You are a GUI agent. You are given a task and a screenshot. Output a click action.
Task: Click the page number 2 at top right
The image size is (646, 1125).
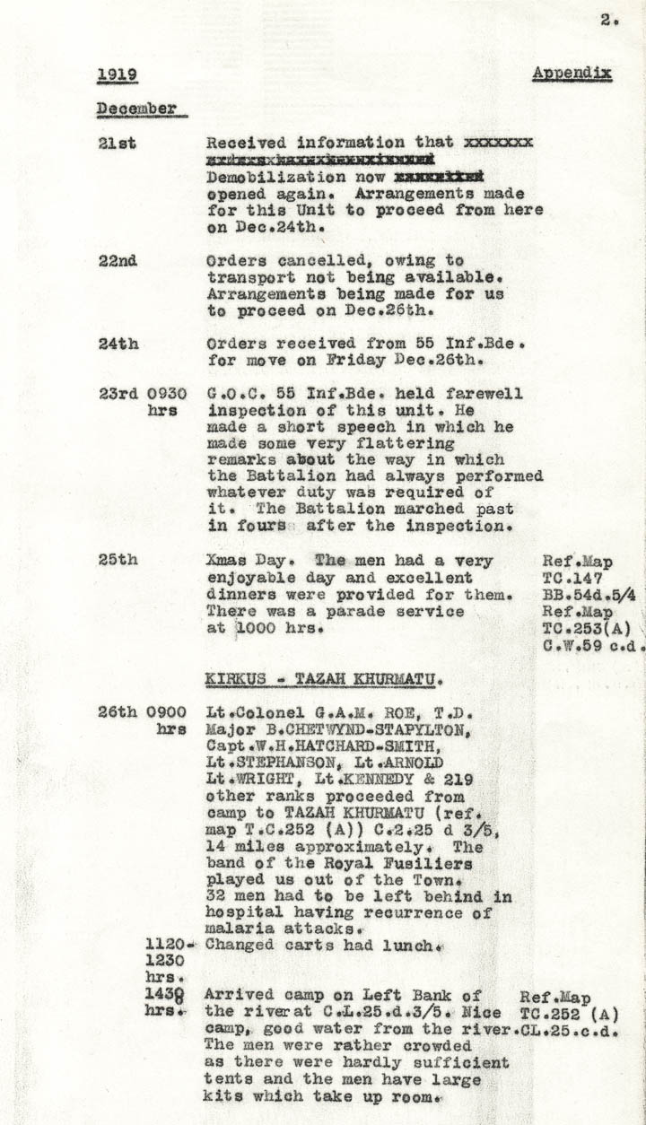pos(608,22)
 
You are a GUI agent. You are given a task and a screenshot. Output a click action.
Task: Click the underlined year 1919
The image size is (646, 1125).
pos(117,74)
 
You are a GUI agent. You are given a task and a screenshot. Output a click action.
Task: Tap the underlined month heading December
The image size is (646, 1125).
pos(136,109)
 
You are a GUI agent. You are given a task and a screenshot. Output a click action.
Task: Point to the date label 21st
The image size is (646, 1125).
pos(118,143)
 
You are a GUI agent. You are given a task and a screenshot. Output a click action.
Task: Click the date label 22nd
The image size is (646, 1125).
pos(118,261)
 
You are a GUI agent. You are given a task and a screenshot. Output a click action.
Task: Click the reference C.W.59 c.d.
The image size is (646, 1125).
pos(592,643)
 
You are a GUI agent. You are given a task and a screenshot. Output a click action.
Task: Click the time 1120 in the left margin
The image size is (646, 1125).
pos(169,945)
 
